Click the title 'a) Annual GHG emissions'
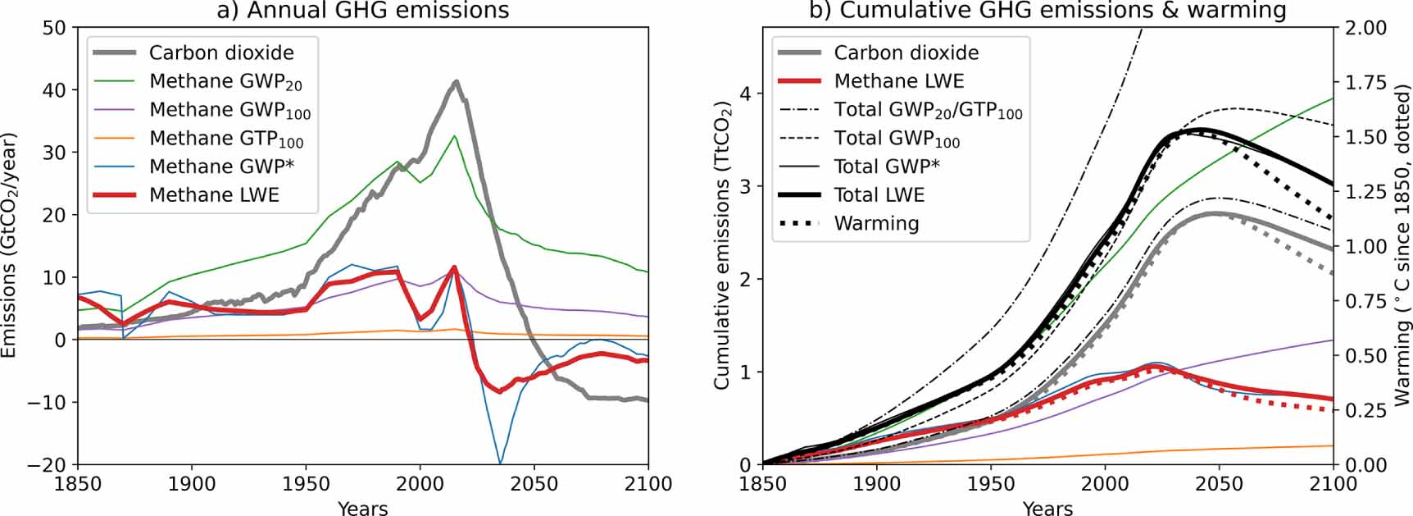(x=363, y=11)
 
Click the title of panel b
(x=1048, y=11)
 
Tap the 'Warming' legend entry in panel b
(x=876, y=223)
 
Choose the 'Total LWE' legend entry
(x=879, y=195)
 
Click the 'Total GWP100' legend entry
(x=897, y=139)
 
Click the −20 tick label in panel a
(x=48, y=464)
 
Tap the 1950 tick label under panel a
(x=307, y=484)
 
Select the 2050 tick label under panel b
(x=1219, y=484)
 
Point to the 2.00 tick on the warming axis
(x=1365, y=28)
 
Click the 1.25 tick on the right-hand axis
(x=1365, y=192)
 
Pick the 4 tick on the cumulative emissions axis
(x=745, y=94)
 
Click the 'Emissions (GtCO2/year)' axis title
(x=10, y=246)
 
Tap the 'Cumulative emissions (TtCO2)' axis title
(x=722, y=246)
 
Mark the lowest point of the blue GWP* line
(x=499, y=463)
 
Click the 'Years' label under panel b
(x=1047, y=508)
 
